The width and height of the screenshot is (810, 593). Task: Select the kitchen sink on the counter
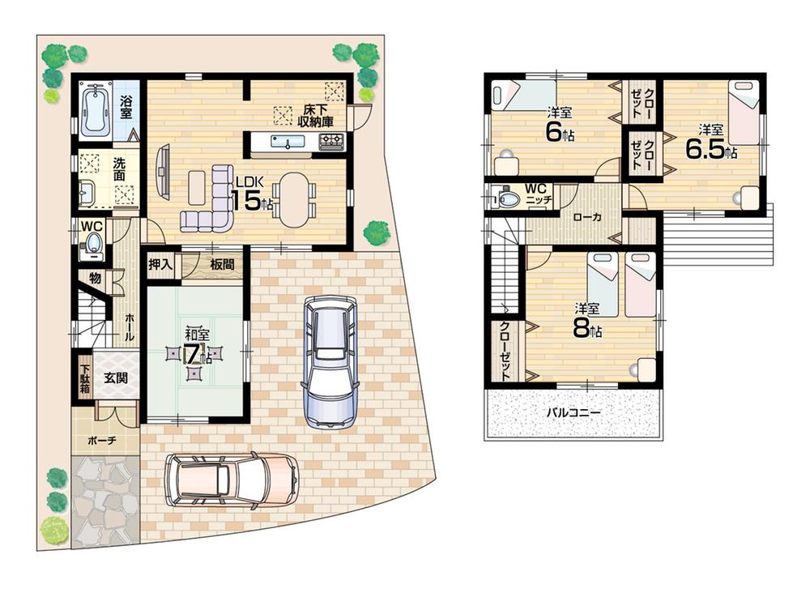pos(287,143)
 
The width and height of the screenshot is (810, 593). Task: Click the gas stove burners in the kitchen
pos(331,143)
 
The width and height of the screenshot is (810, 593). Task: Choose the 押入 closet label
pos(160,263)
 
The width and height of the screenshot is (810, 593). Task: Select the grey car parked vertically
pos(328,360)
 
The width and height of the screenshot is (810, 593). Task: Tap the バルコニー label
pos(573,412)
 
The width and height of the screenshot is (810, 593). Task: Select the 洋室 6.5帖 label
pos(710,142)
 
